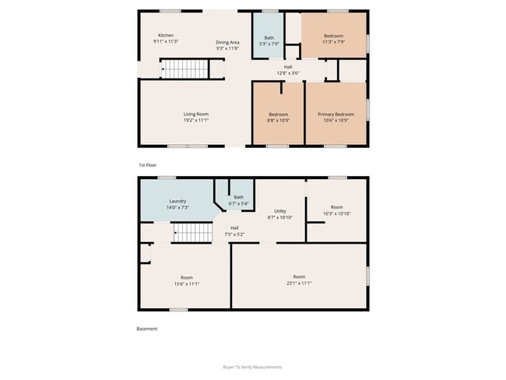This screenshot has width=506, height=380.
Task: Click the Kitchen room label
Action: pos(166,35)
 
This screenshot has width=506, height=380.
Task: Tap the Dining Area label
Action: pos(227,42)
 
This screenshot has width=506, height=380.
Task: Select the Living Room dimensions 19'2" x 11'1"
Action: pos(196,120)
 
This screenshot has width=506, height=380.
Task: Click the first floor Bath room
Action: pos(268,36)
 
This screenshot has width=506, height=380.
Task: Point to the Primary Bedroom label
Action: pos(336,114)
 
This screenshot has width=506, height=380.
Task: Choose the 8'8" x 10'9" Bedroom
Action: pos(278,114)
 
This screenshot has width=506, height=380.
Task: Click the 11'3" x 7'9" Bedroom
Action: pos(334,35)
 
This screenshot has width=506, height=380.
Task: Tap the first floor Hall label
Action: pos(288,67)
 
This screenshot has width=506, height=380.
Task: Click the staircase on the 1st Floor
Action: pos(185,69)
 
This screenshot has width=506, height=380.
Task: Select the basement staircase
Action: pos(193,233)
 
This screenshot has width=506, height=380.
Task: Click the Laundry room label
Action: pos(177,201)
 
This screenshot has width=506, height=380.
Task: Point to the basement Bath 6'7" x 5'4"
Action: pos(239,200)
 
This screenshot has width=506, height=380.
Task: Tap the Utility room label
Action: pos(280,211)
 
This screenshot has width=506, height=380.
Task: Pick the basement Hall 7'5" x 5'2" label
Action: pos(234,231)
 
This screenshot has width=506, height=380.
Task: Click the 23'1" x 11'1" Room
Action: pos(300,276)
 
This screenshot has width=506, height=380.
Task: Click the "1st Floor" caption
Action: pos(147,165)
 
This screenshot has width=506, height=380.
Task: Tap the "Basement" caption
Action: pos(147,329)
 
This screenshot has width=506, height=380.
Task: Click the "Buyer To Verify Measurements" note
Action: pos(253,367)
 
